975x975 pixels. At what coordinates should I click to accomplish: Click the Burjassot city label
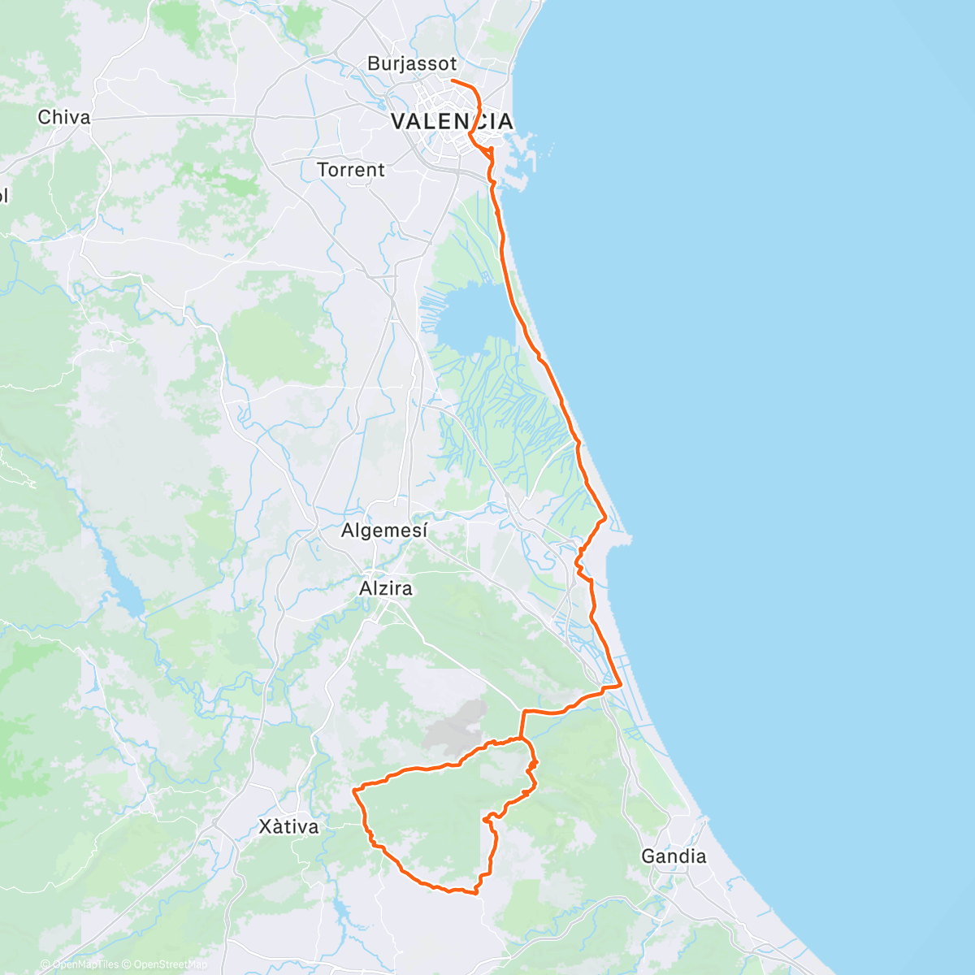coord(411,63)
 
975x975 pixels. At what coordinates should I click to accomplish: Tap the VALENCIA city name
coord(452,122)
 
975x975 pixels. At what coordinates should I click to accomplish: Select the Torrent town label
coord(350,170)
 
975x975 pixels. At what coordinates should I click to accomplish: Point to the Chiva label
coord(63,117)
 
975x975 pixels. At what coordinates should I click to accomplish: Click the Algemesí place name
coord(383,531)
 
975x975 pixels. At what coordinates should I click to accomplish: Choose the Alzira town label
coord(385,587)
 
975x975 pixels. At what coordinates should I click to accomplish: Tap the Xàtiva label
coord(288,827)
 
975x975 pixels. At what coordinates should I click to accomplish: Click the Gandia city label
coord(674,856)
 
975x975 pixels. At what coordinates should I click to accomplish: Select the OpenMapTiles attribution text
coord(84,964)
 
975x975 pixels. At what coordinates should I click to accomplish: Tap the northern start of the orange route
coord(453,81)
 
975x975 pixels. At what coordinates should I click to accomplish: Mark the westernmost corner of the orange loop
coord(353,789)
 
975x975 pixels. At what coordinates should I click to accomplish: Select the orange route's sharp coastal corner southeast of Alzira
coord(621,685)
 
